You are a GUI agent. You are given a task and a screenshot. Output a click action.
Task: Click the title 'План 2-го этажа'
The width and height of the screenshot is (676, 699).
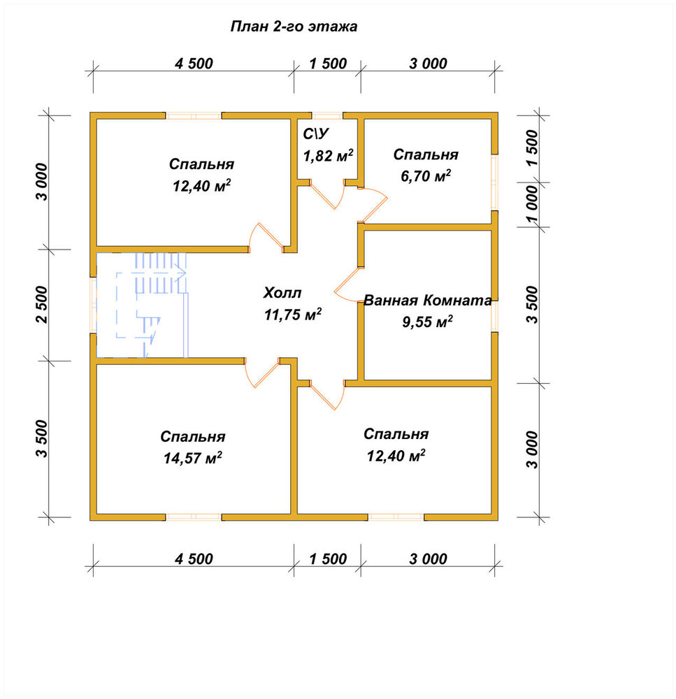294,27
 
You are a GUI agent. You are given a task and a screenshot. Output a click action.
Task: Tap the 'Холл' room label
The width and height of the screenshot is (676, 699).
282,293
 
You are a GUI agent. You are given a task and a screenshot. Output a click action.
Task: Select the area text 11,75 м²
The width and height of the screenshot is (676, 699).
293,315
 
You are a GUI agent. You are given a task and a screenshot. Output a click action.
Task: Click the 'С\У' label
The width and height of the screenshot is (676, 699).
316,134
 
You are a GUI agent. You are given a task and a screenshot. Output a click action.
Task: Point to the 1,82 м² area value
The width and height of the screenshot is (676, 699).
328,155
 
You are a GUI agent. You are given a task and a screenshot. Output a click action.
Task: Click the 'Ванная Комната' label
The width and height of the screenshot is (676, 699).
428,300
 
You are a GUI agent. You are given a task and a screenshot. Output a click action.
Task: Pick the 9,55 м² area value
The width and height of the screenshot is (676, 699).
428,321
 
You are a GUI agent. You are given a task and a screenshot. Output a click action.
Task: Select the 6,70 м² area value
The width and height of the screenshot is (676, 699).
426,175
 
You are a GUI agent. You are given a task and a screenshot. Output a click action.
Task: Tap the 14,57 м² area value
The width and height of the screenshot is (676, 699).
193,457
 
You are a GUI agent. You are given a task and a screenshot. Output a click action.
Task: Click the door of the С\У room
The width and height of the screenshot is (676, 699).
328,195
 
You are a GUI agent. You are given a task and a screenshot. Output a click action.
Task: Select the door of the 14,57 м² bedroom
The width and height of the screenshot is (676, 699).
261,373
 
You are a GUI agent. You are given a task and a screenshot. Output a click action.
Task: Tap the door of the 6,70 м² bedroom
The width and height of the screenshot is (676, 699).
373,204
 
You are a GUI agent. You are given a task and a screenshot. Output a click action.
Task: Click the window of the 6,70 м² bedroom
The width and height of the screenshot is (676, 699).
494,182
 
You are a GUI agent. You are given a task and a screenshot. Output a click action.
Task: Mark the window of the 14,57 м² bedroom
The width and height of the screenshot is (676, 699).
194,517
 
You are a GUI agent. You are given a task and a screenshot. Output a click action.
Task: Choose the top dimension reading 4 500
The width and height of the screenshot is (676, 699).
194,64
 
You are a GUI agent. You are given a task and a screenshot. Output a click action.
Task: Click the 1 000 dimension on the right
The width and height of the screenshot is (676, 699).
533,204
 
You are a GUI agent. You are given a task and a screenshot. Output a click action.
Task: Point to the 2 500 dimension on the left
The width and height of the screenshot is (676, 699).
41,305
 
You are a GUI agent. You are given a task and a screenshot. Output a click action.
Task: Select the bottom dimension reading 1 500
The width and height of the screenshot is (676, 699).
328,559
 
